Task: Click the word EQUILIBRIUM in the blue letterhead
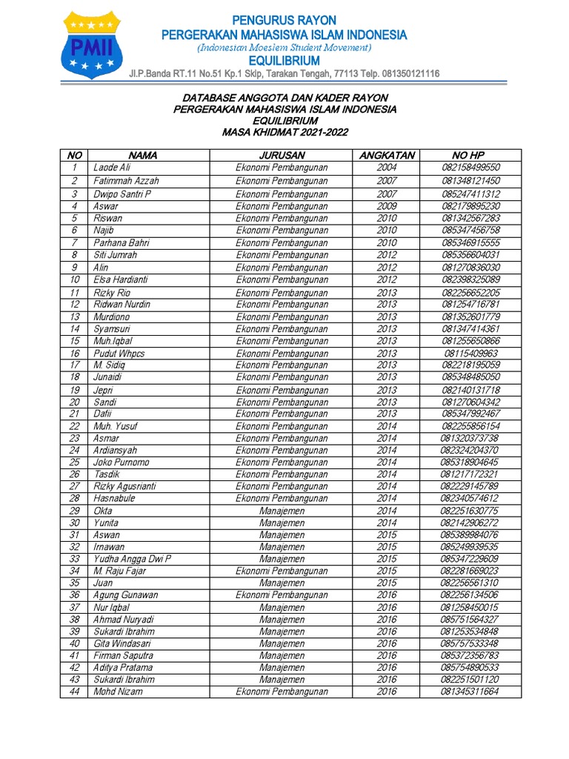[x=284, y=61]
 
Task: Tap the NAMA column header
[x=143, y=156]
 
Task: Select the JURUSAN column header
[x=282, y=156]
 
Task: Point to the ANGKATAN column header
[x=387, y=156]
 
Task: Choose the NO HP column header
[x=470, y=156]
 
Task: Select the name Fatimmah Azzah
[x=126, y=181]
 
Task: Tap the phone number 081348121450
[x=470, y=181]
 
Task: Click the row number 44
[x=74, y=692]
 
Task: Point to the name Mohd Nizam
[x=118, y=692]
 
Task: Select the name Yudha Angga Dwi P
[x=132, y=559]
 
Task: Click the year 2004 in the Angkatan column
[x=387, y=168]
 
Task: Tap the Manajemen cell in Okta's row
[x=282, y=511]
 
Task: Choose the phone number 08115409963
[x=470, y=354]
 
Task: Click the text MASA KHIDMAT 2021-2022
[x=284, y=132]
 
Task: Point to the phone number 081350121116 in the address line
[x=407, y=74]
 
